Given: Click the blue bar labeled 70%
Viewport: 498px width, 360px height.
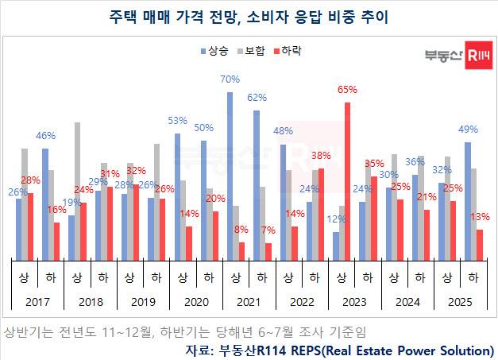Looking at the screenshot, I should (230, 175).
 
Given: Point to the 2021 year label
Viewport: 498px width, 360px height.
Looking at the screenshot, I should (248, 302).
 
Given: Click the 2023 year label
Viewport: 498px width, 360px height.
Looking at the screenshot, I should (353, 302).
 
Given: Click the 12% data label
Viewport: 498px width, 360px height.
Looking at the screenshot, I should (337, 219).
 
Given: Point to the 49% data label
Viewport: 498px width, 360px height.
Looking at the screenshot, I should (468, 130).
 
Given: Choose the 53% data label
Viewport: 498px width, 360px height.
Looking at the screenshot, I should (177, 121).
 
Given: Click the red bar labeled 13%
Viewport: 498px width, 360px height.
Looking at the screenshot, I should (479, 244).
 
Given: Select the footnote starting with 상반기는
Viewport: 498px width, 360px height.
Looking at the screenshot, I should (186, 331).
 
